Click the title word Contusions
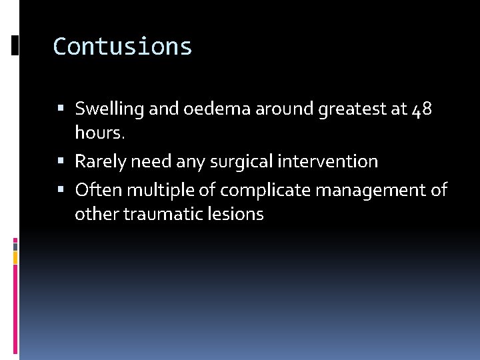(123, 47)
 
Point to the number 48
(423, 109)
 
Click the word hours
(99, 133)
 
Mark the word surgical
(231, 162)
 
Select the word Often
(98, 190)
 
